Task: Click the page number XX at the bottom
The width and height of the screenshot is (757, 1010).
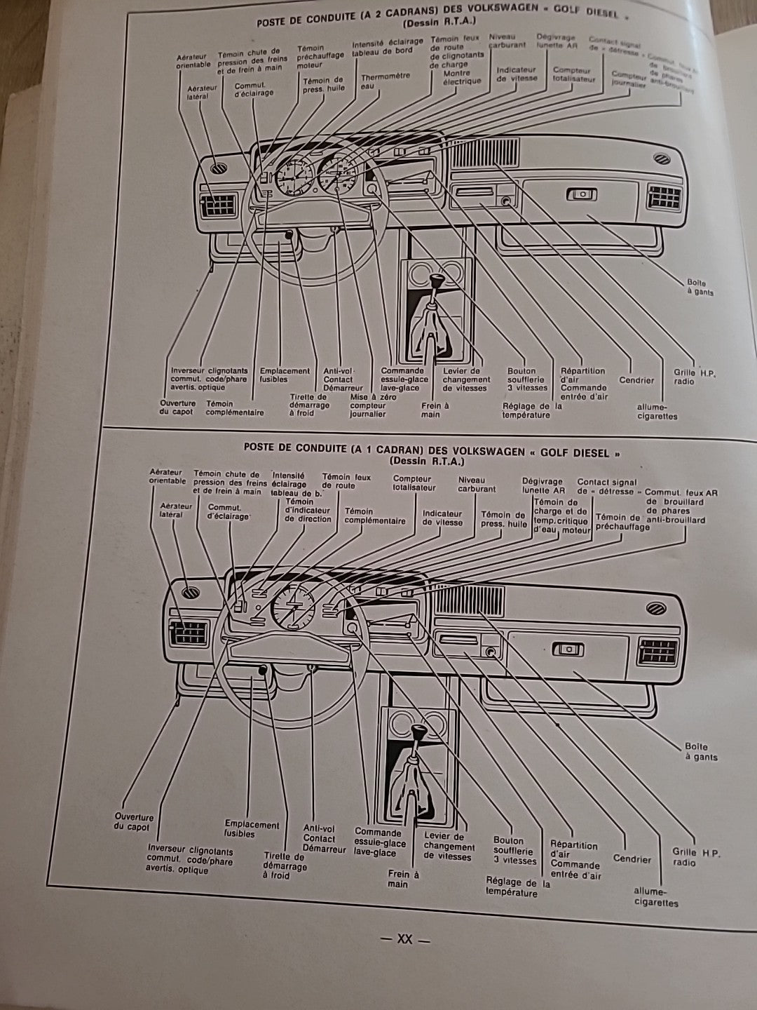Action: pos(404,939)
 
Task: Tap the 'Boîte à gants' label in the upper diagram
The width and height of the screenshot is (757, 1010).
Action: pos(700,287)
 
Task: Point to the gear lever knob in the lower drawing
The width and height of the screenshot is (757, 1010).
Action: pos(418,734)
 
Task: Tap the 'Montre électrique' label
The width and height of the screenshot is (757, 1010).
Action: pos(462,77)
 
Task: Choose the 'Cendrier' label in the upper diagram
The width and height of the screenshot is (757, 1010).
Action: pos(636,381)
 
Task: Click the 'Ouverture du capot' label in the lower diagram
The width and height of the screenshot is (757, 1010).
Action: pos(133,821)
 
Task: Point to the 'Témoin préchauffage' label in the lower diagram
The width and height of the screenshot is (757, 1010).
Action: pos(622,522)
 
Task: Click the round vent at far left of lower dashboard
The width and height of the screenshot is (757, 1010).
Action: pos(191,591)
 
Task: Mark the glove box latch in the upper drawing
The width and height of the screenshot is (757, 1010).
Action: pos(580,196)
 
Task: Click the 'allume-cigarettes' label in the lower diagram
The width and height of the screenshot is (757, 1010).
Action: pos(656,896)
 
